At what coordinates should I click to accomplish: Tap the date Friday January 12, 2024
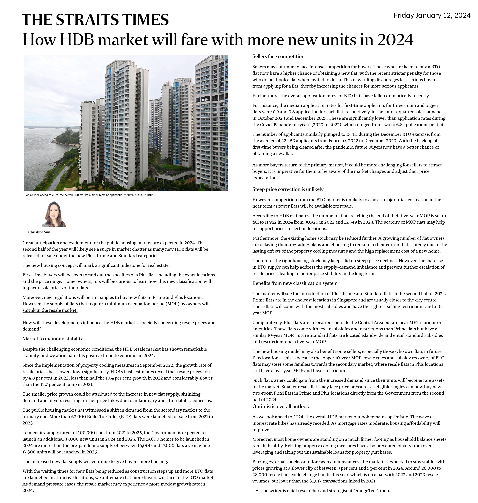(x=432, y=16)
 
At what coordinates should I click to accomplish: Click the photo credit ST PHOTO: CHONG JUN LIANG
(x=138, y=195)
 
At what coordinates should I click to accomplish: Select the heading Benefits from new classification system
(x=295, y=283)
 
